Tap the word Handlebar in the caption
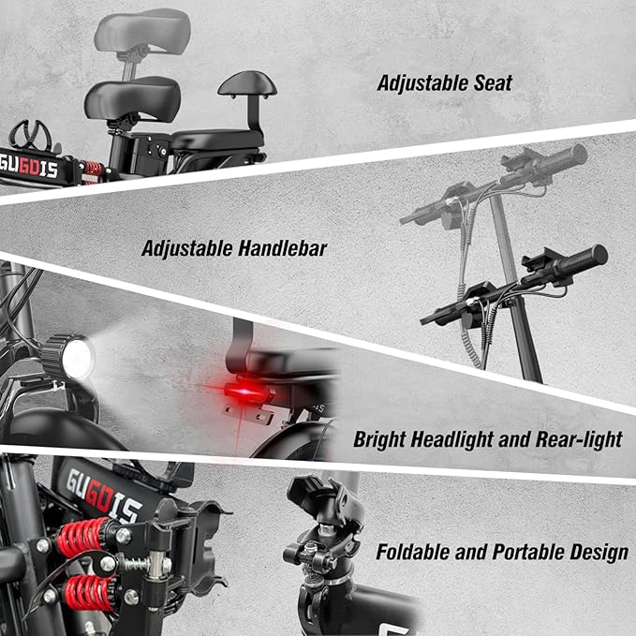click(x=282, y=248)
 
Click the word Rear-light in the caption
click(x=579, y=439)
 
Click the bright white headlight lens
click(x=78, y=359)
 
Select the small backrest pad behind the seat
click(x=247, y=84)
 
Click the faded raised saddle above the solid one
click(x=142, y=30)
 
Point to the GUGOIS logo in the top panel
click(x=28, y=167)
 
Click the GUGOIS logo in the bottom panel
click(x=104, y=495)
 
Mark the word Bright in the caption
click(x=379, y=439)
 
